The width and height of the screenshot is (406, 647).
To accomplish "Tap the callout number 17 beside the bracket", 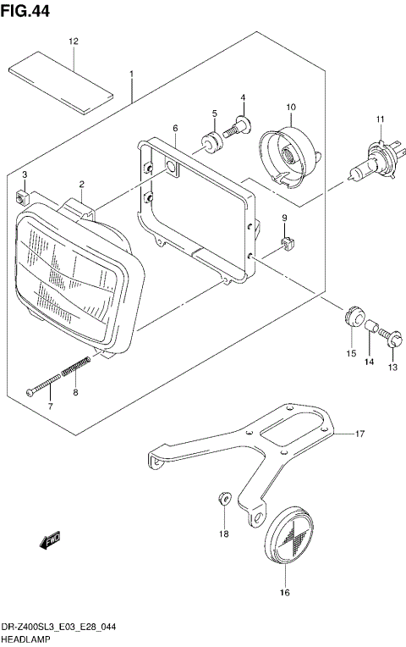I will [x=359, y=434].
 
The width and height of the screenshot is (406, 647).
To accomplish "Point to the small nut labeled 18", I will [x=223, y=499].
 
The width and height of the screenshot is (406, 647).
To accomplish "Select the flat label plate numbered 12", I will [x=60, y=72].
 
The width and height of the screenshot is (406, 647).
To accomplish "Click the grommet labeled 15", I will [x=351, y=315].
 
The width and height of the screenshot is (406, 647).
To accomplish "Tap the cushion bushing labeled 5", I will [x=211, y=141].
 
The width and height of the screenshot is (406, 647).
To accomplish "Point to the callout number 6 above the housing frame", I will [x=175, y=128].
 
